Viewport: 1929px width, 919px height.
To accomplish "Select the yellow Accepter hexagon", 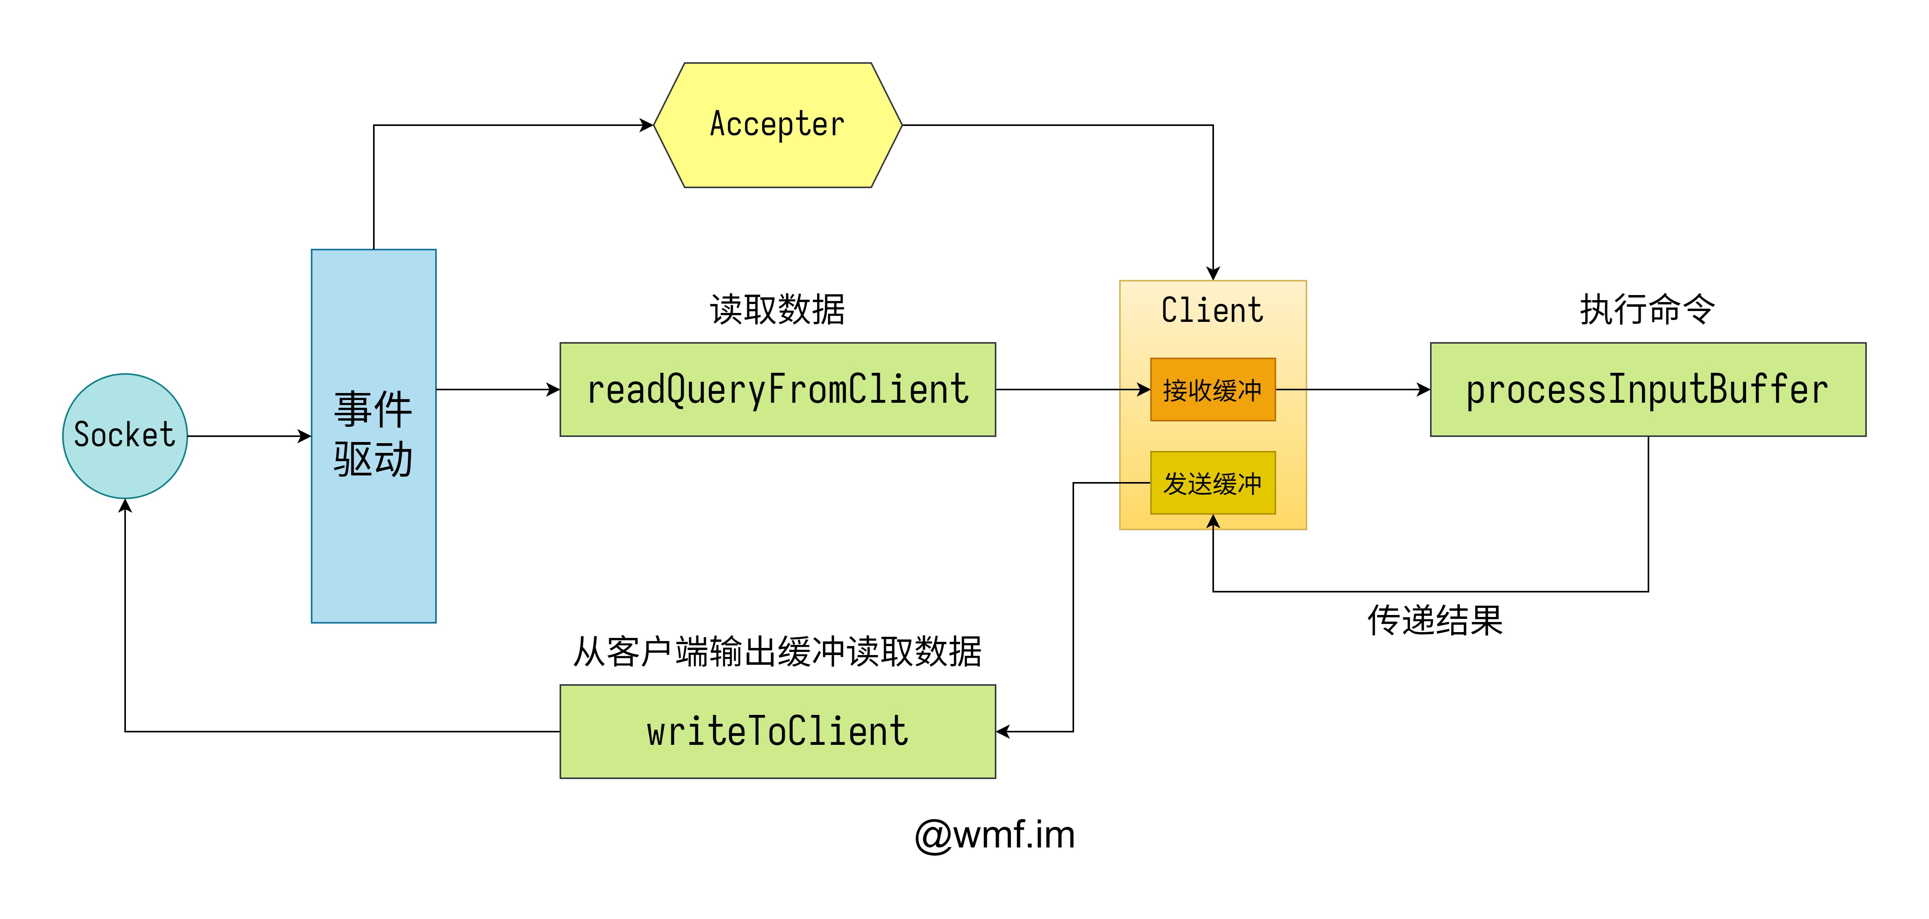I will tap(777, 125).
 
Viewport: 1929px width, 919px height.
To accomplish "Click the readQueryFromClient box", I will tap(777, 390).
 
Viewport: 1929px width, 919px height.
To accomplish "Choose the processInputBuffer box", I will tap(1647, 390).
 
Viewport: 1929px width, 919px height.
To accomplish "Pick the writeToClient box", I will tap(777, 731).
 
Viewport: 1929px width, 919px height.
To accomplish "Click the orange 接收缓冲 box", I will tap(1212, 390).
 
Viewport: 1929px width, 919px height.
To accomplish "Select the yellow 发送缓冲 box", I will tap(1212, 483).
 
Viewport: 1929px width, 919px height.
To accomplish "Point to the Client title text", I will tap(1212, 310).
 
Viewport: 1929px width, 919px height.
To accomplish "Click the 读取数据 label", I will tap(777, 309).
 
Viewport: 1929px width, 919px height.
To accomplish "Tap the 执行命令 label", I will tap(1647, 309).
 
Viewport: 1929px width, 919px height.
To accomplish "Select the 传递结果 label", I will tap(1435, 620).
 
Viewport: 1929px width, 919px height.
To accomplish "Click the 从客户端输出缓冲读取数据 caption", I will tap(777, 652).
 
